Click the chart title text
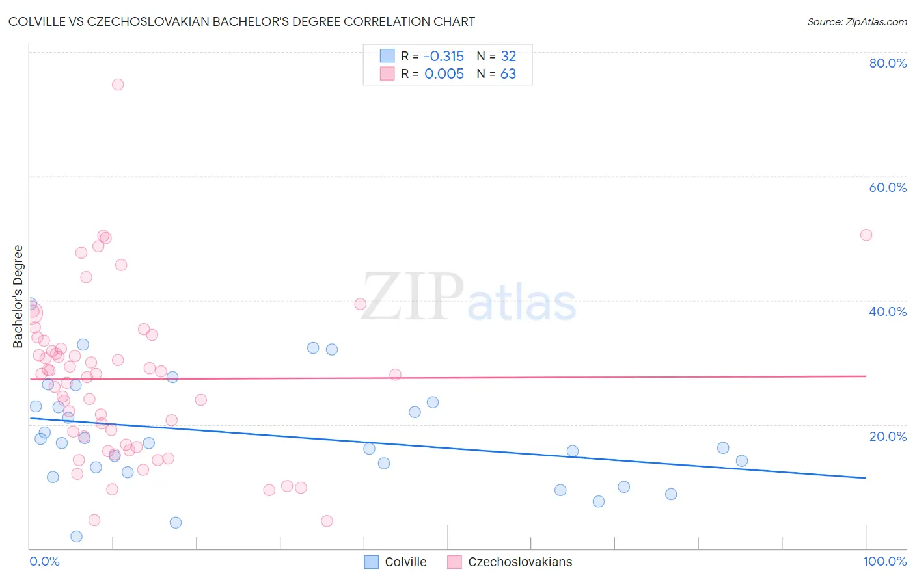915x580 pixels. click(241, 21)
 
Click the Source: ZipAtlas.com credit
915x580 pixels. click(856, 22)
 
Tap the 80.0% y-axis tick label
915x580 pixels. click(888, 63)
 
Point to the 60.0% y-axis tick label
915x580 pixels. click(888, 187)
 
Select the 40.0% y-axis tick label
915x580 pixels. click(888, 311)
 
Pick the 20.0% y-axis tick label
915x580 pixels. click(888, 436)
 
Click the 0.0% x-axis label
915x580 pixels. click(44, 561)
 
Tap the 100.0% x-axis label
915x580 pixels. click(884, 561)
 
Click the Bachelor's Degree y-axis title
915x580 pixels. click(18, 297)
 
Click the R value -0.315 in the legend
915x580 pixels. click(444, 57)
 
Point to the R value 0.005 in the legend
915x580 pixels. click(444, 74)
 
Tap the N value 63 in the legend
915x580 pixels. click(508, 74)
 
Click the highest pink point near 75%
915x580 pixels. click(118, 85)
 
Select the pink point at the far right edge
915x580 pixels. click(866, 235)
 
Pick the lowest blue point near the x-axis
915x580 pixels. click(76, 536)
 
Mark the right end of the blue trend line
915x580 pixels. click(866, 478)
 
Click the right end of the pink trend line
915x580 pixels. click(866, 376)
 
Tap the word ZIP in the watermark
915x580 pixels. click(413, 297)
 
